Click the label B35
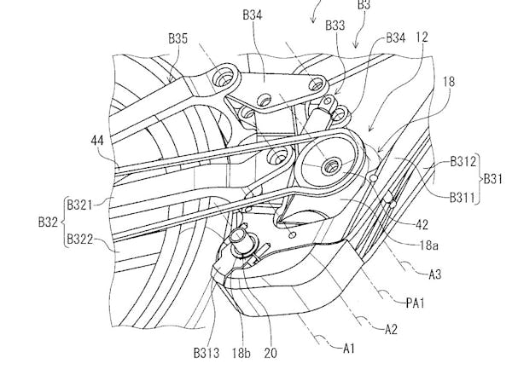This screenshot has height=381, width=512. pos(177,39)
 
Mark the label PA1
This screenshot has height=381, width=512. pos(418,301)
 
